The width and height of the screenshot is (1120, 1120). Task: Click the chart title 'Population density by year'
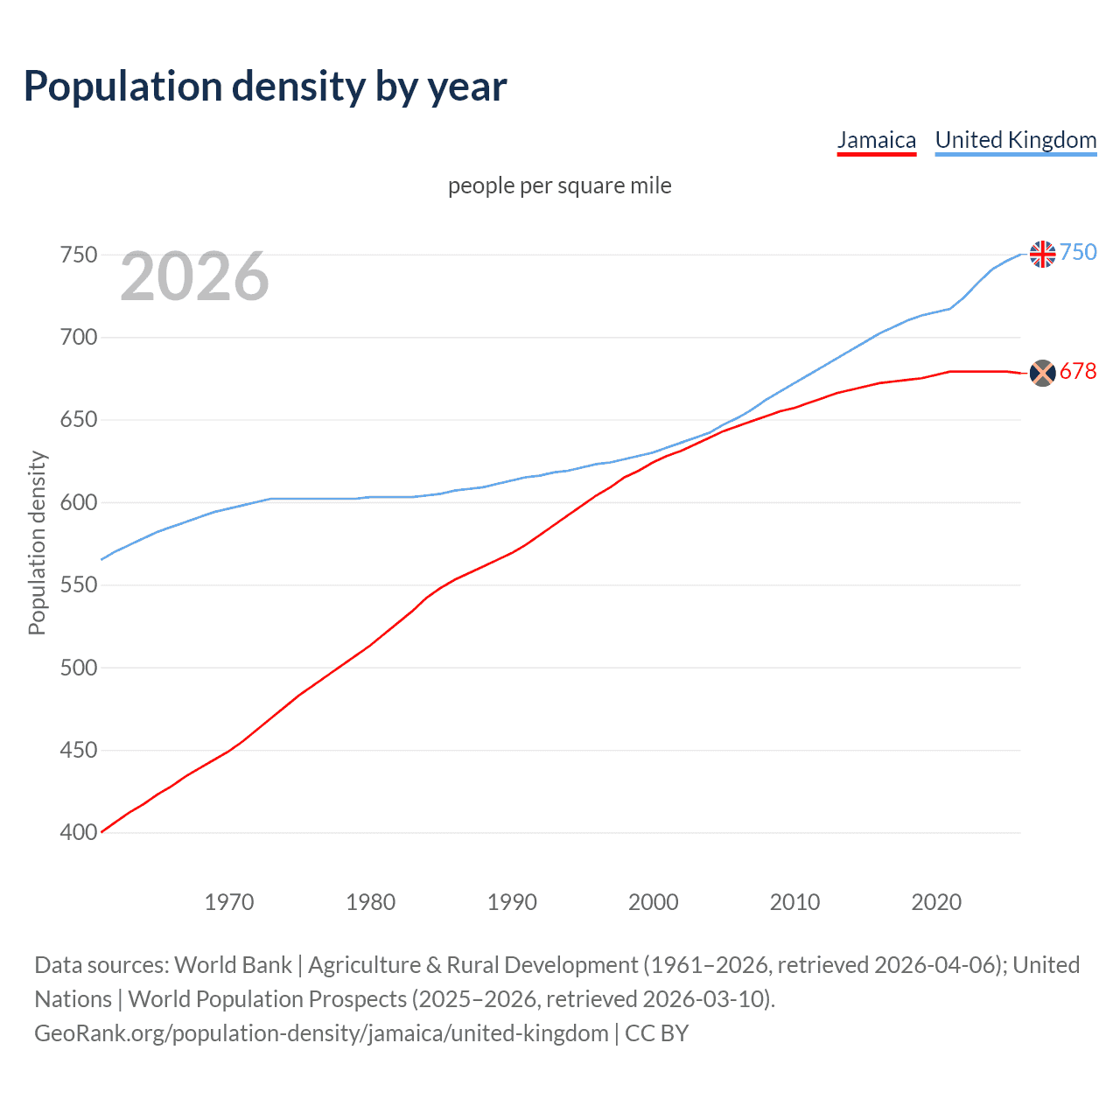[x=265, y=87]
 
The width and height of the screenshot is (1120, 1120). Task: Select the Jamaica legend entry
[x=876, y=140]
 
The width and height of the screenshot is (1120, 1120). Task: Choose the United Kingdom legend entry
[x=1015, y=140]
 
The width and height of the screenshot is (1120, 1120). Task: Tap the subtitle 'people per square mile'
[x=559, y=185]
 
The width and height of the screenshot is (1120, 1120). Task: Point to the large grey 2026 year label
[x=194, y=276]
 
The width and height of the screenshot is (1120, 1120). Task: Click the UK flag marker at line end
[x=1042, y=254]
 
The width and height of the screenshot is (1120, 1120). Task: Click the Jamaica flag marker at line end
[x=1042, y=373]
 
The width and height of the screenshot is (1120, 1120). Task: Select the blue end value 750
[x=1078, y=253]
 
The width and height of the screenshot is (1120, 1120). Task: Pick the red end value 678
[x=1078, y=372]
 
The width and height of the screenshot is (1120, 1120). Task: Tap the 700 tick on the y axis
[x=78, y=337]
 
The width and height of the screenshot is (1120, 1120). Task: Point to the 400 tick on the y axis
[x=78, y=832]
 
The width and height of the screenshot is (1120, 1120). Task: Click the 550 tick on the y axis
[x=78, y=584]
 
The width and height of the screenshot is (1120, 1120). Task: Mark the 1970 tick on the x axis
[x=229, y=902]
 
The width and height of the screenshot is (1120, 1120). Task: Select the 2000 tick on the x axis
[x=653, y=902]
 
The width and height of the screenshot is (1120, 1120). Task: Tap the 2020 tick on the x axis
[x=936, y=902]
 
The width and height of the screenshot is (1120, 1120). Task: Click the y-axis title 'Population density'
[x=37, y=542]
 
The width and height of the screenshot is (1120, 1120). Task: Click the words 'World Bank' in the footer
[x=233, y=965]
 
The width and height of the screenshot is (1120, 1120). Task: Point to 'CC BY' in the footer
[x=656, y=1033]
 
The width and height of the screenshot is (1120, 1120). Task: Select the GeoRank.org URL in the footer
[x=321, y=1033]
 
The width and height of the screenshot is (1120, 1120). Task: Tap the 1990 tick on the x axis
[x=512, y=902]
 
